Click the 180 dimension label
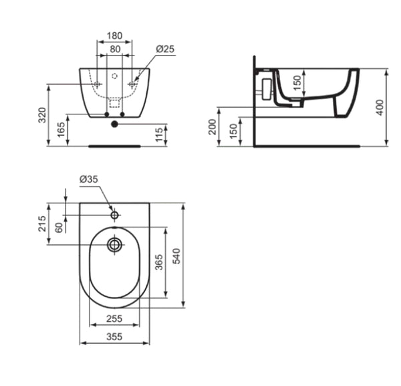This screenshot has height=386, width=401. tap(114, 35)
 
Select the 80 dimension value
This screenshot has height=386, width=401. tap(115, 49)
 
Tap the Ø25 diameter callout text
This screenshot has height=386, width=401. tap(165, 49)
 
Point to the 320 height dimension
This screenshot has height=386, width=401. tap(42, 115)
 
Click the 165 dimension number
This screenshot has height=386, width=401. tap(61, 130)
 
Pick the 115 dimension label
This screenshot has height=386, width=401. tap(159, 134)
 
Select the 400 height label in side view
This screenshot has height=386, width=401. tap(380, 108)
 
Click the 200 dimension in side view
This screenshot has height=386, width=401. tap(213, 127)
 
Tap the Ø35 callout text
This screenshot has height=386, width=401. tap(88, 179)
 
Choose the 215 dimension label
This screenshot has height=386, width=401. tap(42, 223)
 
